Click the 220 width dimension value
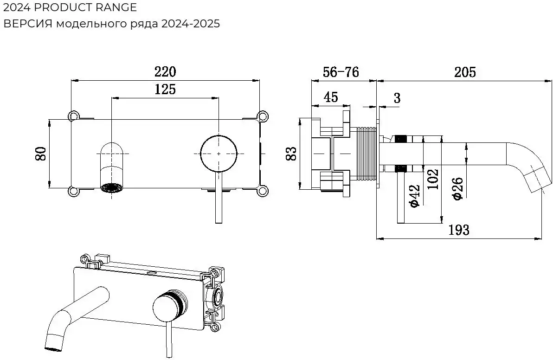165,72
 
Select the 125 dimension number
165,90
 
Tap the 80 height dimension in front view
41,154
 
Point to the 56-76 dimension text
341,72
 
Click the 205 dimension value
465,72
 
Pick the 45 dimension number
330,97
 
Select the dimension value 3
397,98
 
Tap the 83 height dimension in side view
291,154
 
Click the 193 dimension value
459,230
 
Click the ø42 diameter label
414,196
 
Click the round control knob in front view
219,153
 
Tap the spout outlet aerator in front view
112,188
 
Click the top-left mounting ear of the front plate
73,115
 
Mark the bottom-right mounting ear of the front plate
263,190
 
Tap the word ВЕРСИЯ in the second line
28,24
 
